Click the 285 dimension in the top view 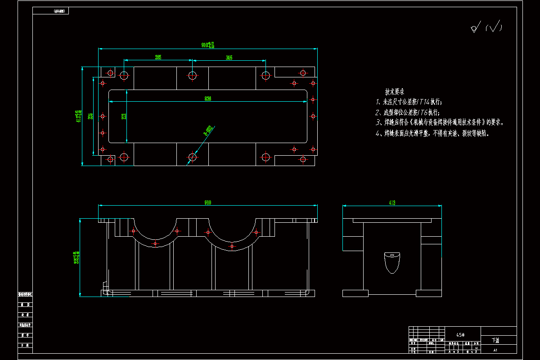pyautogui.click(x=158, y=57)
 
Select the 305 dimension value pyautogui.click(x=229, y=57)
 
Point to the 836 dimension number pyautogui.click(x=208, y=98)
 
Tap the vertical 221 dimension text pyautogui.click(x=124, y=116)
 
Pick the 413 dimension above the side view pyautogui.click(x=391, y=203)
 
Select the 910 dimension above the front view pyautogui.click(x=208, y=203)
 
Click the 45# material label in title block pyautogui.click(x=460, y=335)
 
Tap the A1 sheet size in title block pyautogui.click(x=495, y=350)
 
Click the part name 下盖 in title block pyautogui.click(x=495, y=340)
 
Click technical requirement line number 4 pyautogui.click(x=378, y=134)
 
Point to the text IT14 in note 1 pyautogui.click(x=424, y=102)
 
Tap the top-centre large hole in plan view pyautogui.click(x=192, y=75)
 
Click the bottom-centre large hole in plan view pyautogui.click(x=192, y=157)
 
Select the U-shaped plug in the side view pyautogui.click(x=391, y=262)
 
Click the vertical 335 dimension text pyautogui.click(x=90, y=116)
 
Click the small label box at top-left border pyautogui.click(x=51, y=11)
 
